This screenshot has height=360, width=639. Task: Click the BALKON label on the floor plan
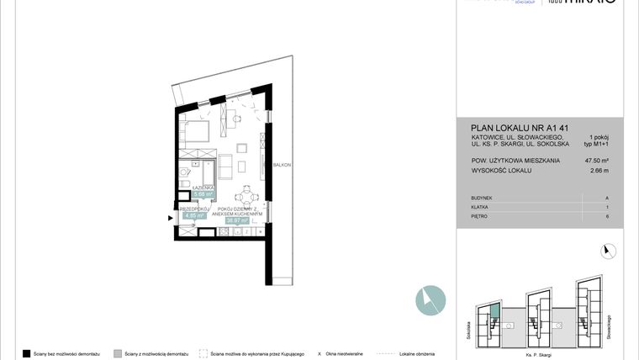pos(281,165)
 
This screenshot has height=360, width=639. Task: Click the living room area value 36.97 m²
pos(240,221)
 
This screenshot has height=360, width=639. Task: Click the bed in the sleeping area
pos(196,131)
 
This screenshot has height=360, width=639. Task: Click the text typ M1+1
pos(599,144)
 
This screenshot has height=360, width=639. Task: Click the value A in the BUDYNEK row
pos(606,198)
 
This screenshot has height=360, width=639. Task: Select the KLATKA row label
pos(481,207)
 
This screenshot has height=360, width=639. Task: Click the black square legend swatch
pos(26,353)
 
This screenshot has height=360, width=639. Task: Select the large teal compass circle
pos(430,300)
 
